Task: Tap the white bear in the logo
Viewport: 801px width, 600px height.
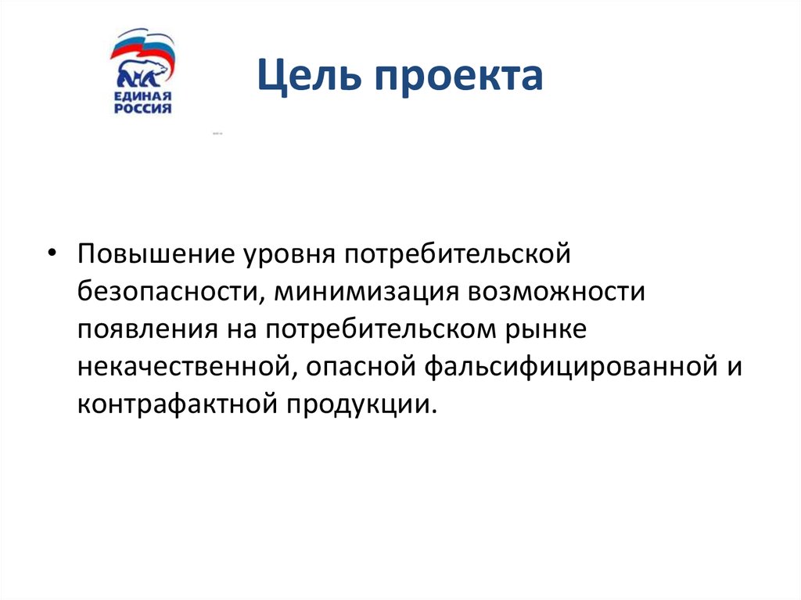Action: pyautogui.click(x=142, y=74)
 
